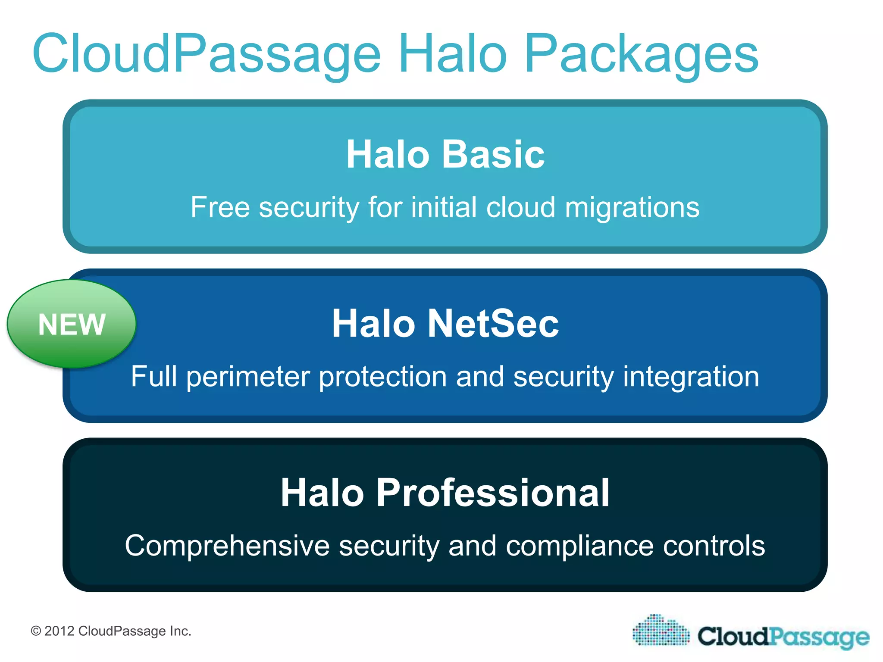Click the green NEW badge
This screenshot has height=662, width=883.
click(x=72, y=324)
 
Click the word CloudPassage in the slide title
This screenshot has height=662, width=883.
click(x=207, y=54)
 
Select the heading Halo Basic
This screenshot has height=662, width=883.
click(x=445, y=154)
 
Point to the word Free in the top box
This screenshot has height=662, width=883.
click(x=220, y=207)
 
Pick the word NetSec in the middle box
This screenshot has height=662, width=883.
click(x=493, y=324)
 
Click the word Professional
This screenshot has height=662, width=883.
click(x=493, y=493)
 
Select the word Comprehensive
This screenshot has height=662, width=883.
click(x=227, y=546)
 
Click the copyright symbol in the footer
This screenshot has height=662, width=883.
click(x=36, y=631)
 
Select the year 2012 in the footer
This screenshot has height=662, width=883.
click(x=59, y=631)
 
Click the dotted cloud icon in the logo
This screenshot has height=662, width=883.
click(x=661, y=631)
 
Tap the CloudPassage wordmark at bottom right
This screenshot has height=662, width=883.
click(x=783, y=637)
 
